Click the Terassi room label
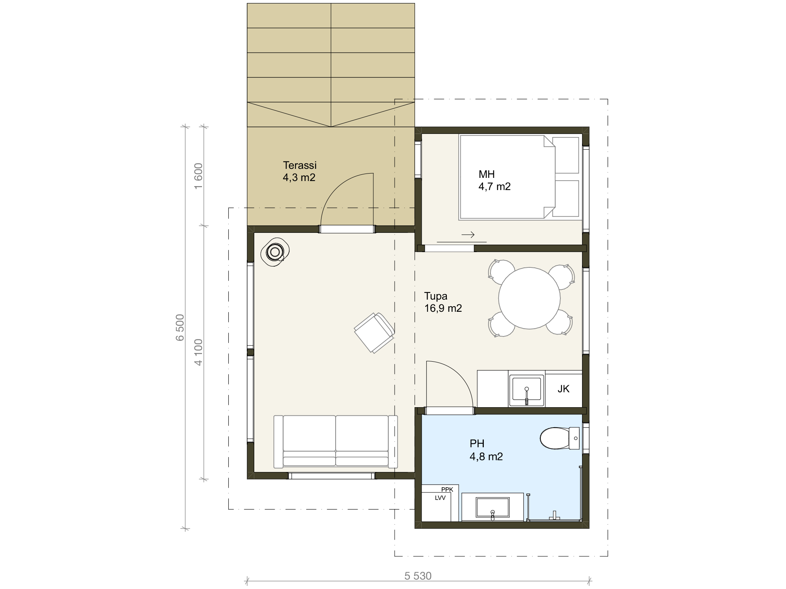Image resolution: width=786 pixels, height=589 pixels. pyautogui.click(x=299, y=171)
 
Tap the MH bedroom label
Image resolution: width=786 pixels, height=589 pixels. pyautogui.click(x=494, y=180)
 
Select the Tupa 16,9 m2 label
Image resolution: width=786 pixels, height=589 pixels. pyautogui.click(x=443, y=302)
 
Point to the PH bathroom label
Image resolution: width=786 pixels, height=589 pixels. pyautogui.click(x=486, y=450)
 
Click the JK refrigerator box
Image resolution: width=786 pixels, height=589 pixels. pyautogui.click(x=564, y=389)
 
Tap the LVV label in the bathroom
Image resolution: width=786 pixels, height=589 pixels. pyautogui.click(x=440, y=498)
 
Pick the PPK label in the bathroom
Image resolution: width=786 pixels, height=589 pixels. pyautogui.click(x=447, y=489)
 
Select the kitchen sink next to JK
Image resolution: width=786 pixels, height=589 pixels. pyautogui.click(x=527, y=390)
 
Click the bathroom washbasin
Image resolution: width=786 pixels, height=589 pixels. pyautogui.click(x=492, y=507)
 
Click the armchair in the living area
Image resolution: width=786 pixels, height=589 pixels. pyautogui.click(x=374, y=333)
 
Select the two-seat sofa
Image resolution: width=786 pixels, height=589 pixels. pyautogui.click(x=336, y=441)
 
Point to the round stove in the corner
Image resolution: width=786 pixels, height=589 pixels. pyautogui.click(x=275, y=252)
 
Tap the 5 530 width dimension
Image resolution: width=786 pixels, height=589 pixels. pyautogui.click(x=418, y=576)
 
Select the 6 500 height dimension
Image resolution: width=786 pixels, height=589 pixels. pyautogui.click(x=180, y=328)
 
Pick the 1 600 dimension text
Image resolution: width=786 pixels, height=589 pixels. pyautogui.click(x=198, y=176)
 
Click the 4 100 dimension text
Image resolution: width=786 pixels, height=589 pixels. pyautogui.click(x=198, y=352)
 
